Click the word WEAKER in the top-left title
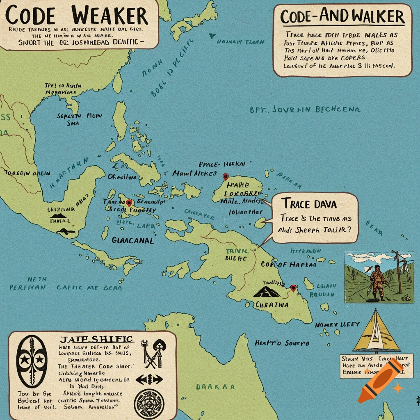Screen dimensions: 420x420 point(110,16)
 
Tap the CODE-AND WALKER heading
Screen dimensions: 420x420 point(342,16)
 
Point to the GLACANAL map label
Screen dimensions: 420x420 point(132,240)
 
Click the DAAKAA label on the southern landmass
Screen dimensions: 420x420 point(215,386)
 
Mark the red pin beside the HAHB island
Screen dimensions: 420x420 point(225,177)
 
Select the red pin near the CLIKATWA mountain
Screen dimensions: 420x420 point(293,288)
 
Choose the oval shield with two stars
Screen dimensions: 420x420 point(31,360)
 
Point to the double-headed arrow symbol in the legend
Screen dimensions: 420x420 point(149,378)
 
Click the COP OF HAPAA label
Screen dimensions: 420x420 point(289,265)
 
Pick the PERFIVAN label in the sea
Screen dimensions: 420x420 point(28,288)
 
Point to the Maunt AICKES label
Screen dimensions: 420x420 point(194,173)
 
